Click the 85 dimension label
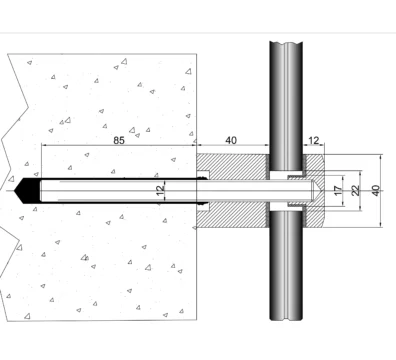[x=119, y=140]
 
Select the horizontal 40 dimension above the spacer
[x=231, y=140]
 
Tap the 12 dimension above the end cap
[x=314, y=141]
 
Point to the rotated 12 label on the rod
[x=160, y=190]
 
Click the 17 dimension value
[x=338, y=191]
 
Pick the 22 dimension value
[x=356, y=190]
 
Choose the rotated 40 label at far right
[x=376, y=191]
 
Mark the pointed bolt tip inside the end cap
[x=317, y=191]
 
